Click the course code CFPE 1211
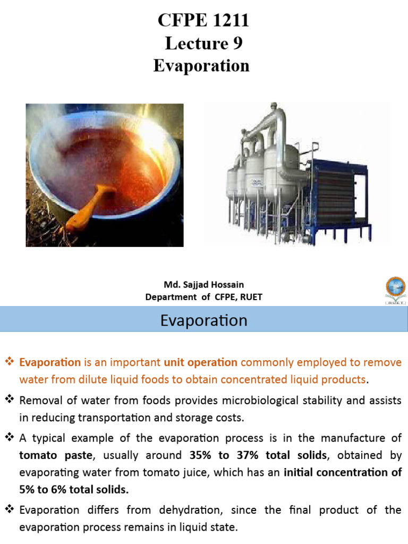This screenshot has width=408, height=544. [x=203, y=21]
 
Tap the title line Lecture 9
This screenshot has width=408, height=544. [x=203, y=43]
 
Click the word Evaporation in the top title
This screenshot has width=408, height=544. [x=201, y=65]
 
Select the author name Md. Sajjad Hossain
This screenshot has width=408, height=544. [x=203, y=285]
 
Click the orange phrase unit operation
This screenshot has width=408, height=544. [x=201, y=363]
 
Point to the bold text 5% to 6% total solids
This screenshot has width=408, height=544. [x=74, y=490]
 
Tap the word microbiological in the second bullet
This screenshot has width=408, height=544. [x=237, y=400]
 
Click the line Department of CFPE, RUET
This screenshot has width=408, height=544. [x=203, y=297]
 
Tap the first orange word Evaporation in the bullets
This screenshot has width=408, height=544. [x=50, y=363]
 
